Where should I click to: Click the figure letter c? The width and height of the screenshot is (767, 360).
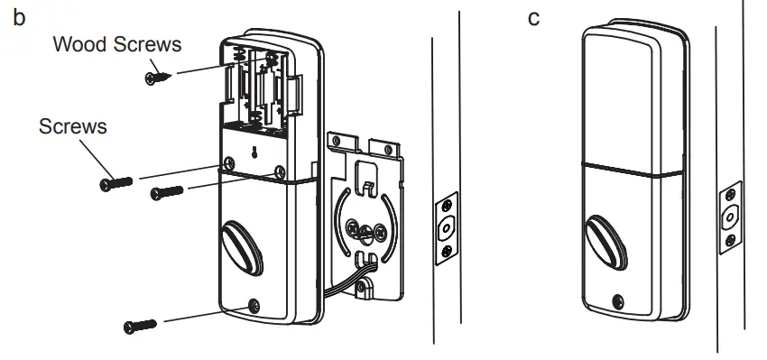coord(533,19)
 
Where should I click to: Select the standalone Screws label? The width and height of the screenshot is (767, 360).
coord(72,126)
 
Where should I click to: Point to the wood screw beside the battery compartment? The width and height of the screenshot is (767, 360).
coord(157,77)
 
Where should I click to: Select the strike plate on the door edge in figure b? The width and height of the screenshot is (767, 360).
coord(445,228)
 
